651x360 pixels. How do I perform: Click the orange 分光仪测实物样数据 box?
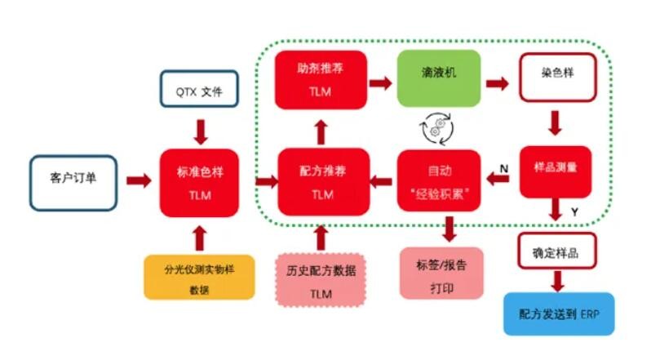199,277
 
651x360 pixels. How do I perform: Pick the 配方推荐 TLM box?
321,182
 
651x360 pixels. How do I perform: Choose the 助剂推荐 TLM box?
321,78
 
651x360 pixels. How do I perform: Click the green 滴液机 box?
439,78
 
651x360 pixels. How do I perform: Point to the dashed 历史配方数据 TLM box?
321,280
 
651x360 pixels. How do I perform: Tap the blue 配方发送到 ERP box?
559,313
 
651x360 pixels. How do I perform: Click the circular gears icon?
435,127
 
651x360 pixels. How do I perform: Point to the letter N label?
503,168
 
